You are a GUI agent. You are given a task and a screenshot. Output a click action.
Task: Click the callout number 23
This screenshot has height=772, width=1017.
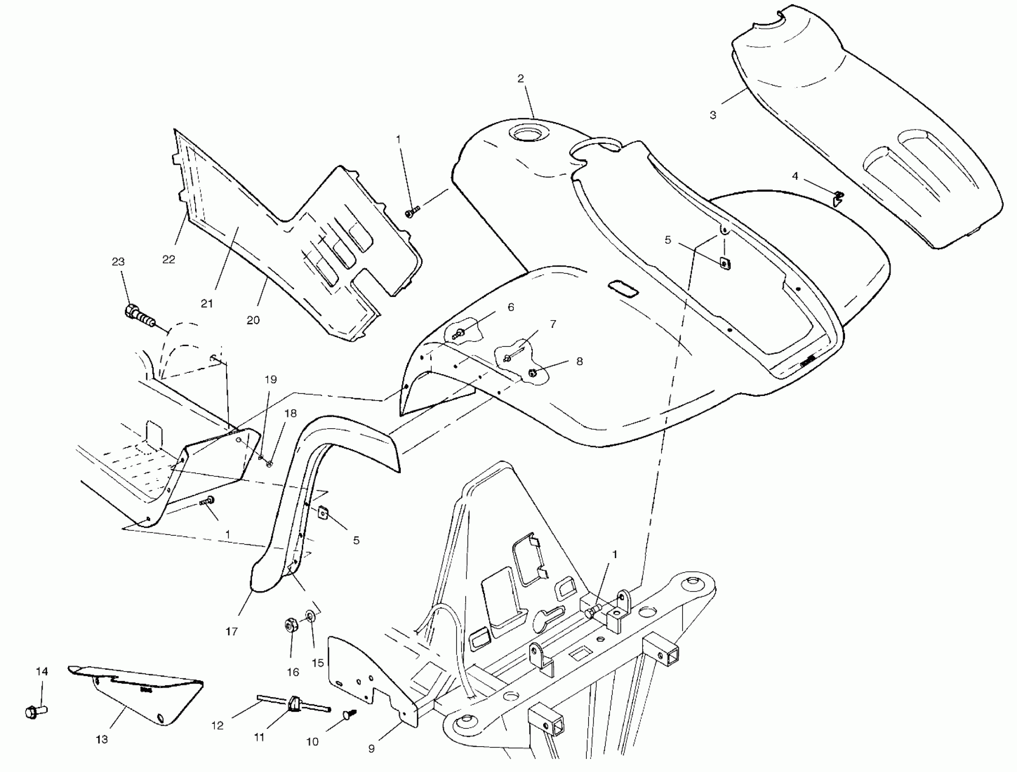[x=118, y=262]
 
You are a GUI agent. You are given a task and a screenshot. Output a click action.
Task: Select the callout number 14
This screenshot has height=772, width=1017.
[x=42, y=672]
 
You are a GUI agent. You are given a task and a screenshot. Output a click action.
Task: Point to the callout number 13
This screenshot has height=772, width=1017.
[x=102, y=739]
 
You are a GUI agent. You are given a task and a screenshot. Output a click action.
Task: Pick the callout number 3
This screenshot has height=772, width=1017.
[x=712, y=115]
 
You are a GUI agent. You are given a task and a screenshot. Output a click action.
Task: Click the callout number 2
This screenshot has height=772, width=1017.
[x=521, y=79]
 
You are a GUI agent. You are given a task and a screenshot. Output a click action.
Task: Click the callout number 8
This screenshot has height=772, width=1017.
[x=580, y=361]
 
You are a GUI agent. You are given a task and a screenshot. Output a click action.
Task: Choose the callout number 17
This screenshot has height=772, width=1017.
[x=232, y=632]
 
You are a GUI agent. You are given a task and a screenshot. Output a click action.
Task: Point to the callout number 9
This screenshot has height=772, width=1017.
[x=372, y=749]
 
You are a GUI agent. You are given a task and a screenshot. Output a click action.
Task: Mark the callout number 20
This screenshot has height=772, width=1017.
[x=253, y=320]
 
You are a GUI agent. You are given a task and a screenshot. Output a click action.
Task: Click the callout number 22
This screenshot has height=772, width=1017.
[x=169, y=259]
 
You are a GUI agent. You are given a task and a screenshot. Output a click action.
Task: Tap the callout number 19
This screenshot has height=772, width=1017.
[x=271, y=380]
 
